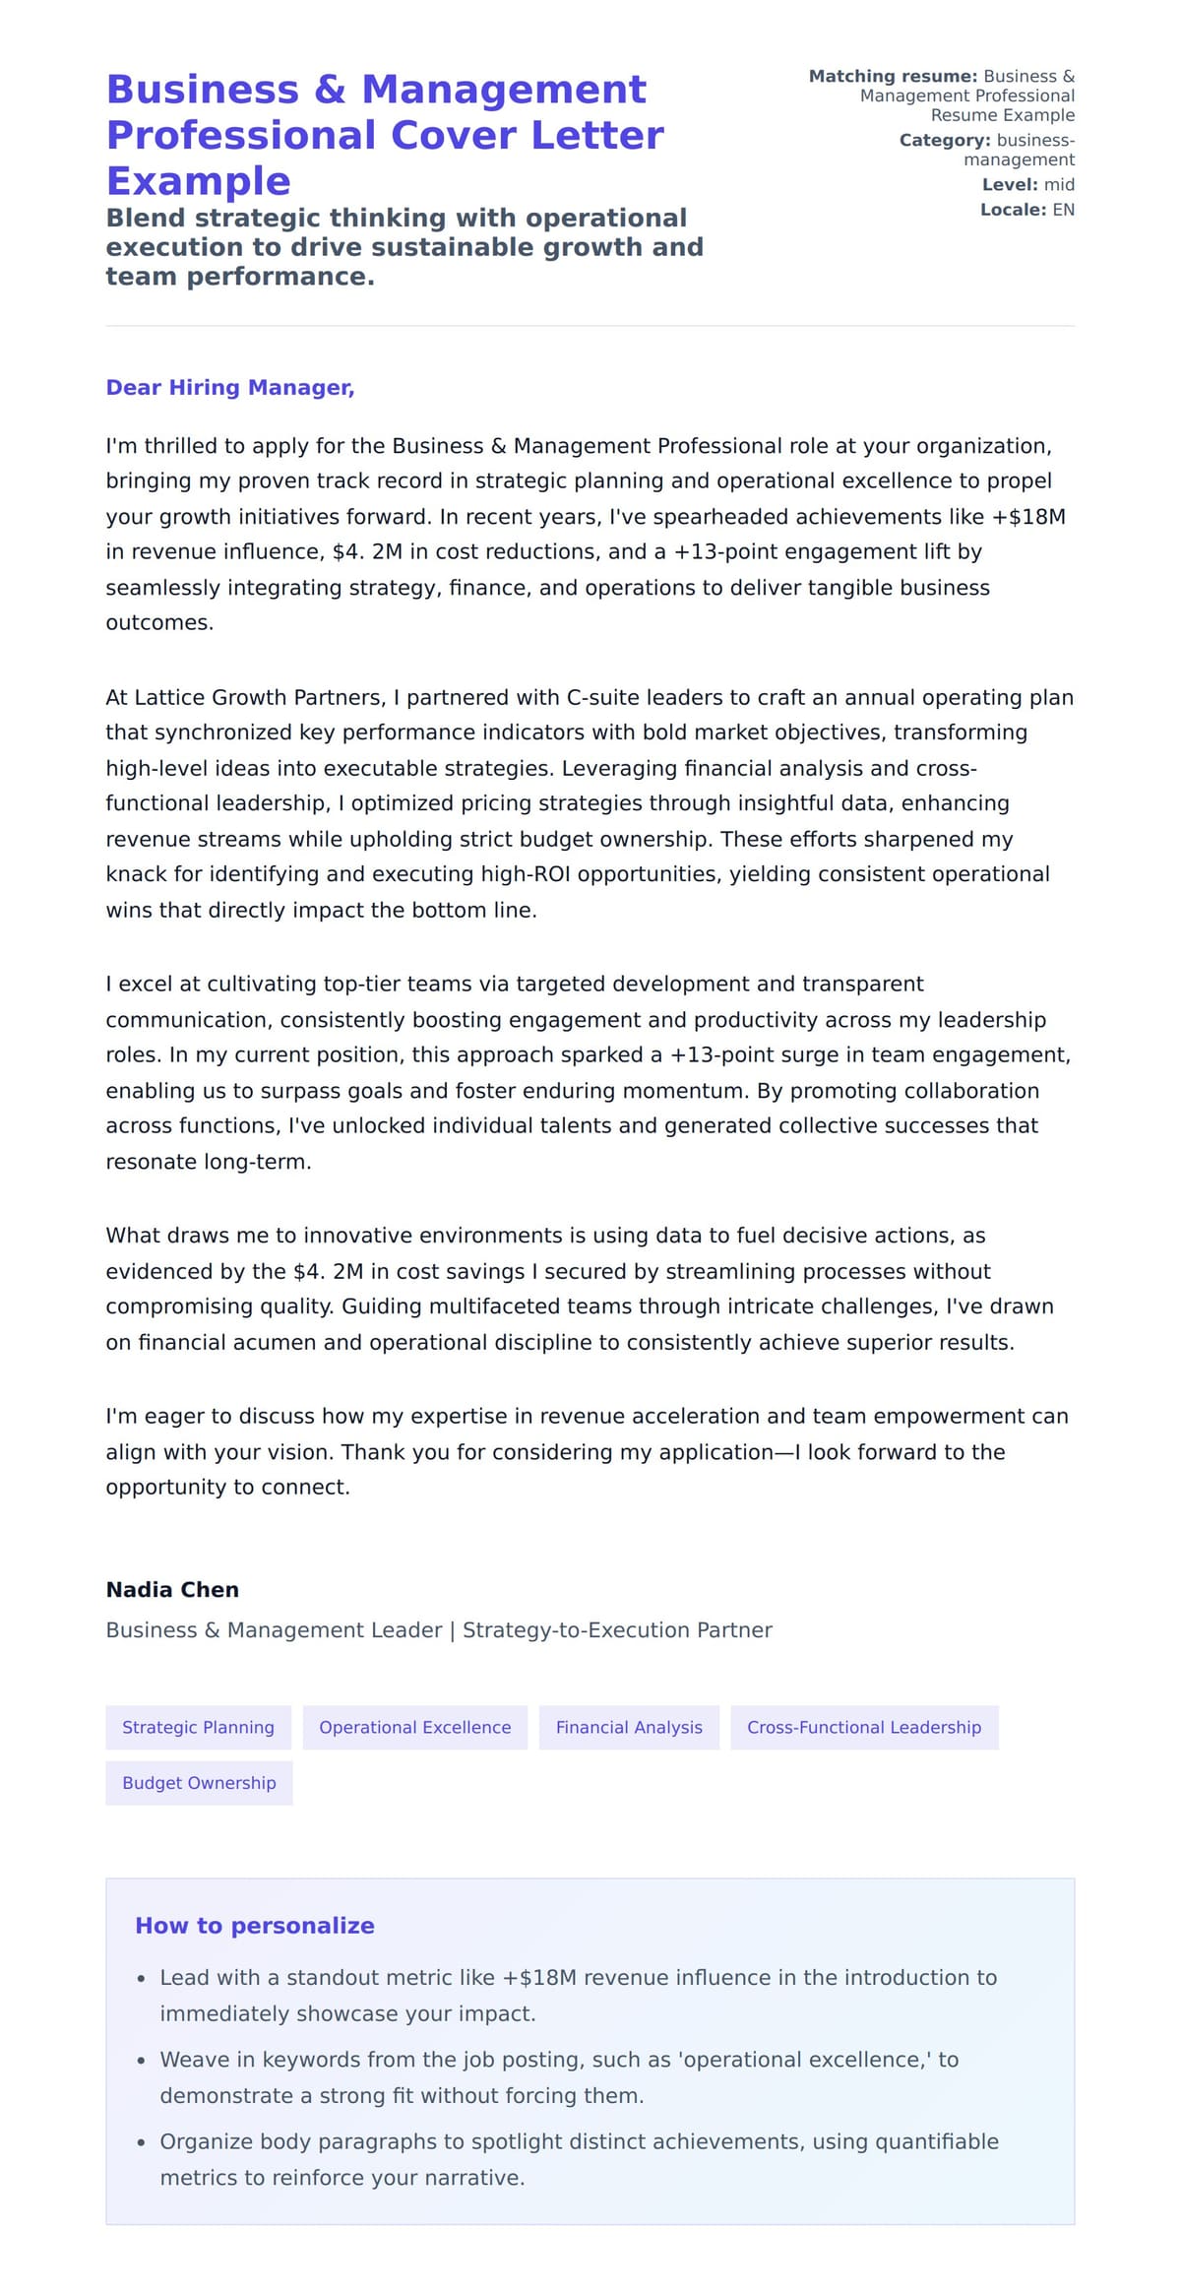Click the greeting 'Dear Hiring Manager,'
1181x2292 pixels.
(229, 388)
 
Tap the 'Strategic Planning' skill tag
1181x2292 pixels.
(198, 1727)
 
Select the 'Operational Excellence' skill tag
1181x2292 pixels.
(414, 1727)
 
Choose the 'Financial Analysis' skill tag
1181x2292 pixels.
(629, 1727)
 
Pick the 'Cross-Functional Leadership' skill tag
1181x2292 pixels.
(863, 1727)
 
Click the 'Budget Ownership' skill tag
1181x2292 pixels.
(199, 1783)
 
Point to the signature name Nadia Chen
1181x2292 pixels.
(172, 1590)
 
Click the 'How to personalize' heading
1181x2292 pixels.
(254, 1926)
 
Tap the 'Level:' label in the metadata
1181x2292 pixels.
(1010, 185)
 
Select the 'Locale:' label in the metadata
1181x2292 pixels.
(1013, 210)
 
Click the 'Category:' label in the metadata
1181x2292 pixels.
(944, 141)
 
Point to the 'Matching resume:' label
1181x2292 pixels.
(893, 77)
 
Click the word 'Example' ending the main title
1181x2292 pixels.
(198, 181)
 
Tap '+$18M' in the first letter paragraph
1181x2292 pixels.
(1029, 517)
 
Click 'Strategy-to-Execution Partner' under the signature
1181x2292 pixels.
(617, 1630)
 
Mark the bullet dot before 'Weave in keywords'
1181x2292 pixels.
(142, 2061)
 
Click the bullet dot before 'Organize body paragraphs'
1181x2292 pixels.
(142, 2142)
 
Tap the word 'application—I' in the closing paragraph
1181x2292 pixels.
(711, 1452)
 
